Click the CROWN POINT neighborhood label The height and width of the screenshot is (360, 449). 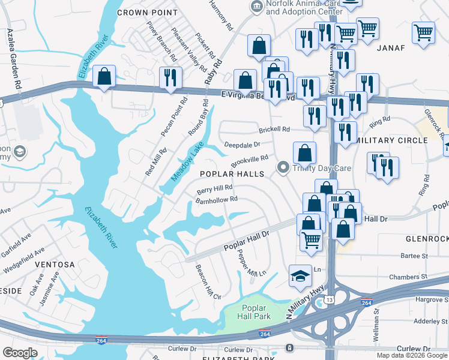(147, 12)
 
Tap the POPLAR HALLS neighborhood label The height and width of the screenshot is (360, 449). (232, 173)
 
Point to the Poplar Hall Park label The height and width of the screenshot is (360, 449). (252, 312)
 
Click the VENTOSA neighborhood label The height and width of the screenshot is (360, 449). (55, 264)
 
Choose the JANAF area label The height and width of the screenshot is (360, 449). (391, 48)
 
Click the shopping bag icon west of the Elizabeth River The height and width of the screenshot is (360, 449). (104, 76)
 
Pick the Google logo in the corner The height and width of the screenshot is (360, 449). (20, 353)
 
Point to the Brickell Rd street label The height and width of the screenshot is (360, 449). (274, 129)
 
